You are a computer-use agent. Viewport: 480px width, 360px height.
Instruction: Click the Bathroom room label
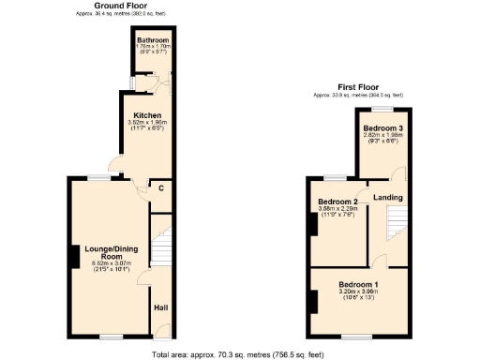[x=152, y=41]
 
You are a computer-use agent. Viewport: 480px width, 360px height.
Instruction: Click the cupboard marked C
[x=161, y=188]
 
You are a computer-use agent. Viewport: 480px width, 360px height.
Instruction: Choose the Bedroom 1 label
[x=358, y=284]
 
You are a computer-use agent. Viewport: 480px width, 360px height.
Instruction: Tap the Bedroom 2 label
[x=337, y=202]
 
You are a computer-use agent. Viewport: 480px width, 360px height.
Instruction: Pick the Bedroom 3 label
[x=382, y=127]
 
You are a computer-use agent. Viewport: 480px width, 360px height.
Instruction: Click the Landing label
[x=388, y=197]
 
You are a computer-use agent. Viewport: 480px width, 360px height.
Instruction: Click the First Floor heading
[x=358, y=86]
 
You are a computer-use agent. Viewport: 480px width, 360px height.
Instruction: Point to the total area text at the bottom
[x=239, y=354]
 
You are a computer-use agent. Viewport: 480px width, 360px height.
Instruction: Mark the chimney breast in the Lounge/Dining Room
[x=72, y=256]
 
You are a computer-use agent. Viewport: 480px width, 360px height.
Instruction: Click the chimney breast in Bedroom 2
[x=311, y=224]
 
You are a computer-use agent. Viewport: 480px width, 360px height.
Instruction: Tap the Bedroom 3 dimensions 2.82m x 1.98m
[x=382, y=135]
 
